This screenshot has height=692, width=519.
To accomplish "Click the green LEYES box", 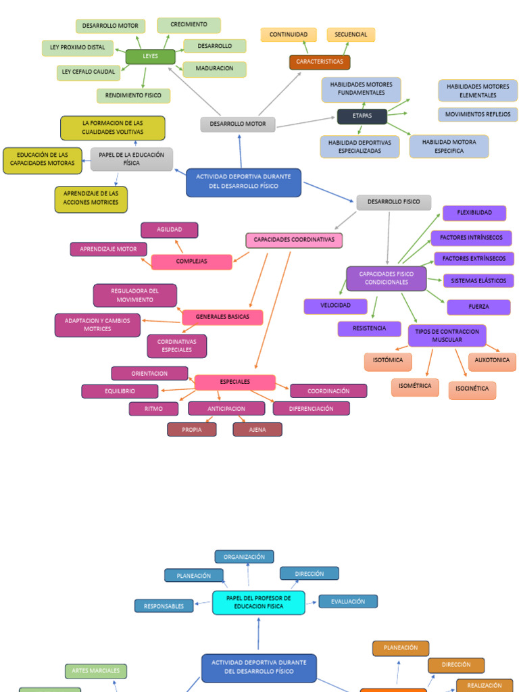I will tap(150, 57).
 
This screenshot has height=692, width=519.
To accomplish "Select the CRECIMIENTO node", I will tap(189, 25).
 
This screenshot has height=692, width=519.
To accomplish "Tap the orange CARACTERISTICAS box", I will tap(320, 62).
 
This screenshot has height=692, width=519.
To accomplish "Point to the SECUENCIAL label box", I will tap(351, 34).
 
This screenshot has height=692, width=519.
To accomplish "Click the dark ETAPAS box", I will tap(362, 116).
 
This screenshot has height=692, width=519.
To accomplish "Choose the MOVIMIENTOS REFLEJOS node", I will tap(478, 115).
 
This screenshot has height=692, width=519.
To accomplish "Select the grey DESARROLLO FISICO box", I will tap(393, 202).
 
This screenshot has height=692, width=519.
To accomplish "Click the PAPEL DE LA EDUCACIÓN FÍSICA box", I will tap(132, 159).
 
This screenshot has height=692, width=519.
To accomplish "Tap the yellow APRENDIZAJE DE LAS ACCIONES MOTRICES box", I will tap(91, 199).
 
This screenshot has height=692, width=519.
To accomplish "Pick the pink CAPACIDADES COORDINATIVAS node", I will tap(294, 240).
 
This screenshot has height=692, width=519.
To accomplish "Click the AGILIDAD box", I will tap(169, 230).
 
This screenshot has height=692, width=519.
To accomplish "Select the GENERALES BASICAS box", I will tap(222, 317).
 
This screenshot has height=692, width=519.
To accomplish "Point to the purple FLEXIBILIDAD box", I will tap(474, 213).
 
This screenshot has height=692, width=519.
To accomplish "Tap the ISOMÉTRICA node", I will tap(415, 387).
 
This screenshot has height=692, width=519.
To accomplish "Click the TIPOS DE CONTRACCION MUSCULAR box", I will tap(447, 336).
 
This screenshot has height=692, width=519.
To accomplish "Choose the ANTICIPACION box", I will tap(226, 409).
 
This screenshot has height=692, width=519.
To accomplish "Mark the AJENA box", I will tap(257, 430).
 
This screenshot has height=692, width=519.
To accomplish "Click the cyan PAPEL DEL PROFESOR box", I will tap(258, 602).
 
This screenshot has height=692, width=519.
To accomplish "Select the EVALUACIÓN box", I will tap(348, 601).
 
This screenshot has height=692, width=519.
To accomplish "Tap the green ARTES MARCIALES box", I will tap(96, 671).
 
